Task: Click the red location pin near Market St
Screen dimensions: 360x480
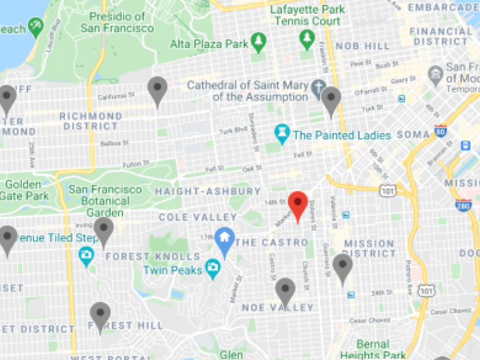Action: coord(298,204)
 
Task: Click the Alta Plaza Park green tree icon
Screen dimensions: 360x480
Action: coord(259,42)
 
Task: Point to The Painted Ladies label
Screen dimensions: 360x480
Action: coord(341,135)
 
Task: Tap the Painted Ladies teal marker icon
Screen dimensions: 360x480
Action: coord(282,133)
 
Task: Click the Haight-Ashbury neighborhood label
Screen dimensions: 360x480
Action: coord(207,191)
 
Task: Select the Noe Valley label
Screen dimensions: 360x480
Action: coord(277,307)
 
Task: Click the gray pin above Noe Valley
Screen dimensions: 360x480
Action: coord(285,290)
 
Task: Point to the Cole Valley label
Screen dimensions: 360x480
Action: coord(197,217)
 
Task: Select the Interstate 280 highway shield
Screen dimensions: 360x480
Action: coord(463,205)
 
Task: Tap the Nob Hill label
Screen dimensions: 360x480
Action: coord(364,46)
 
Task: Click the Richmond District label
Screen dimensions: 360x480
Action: coord(91,121)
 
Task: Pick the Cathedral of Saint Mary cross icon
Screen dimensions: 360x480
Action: coord(319,87)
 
